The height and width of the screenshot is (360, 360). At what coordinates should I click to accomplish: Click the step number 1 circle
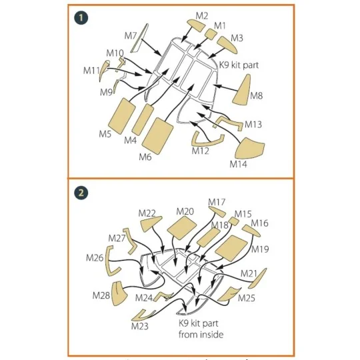coord(81,18)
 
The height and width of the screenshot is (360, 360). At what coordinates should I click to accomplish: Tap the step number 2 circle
coord(81,193)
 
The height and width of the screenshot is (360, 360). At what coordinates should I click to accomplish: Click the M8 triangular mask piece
coord(242,90)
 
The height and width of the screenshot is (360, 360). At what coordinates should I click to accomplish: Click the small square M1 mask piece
coord(211,33)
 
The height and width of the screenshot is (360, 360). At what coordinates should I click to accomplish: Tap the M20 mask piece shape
coord(182,228)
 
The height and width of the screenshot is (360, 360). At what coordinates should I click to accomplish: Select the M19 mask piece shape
coord(231,248)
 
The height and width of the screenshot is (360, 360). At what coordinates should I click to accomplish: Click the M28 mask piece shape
coord(119,293)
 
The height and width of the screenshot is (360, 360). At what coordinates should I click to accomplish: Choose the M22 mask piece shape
coord(151,223)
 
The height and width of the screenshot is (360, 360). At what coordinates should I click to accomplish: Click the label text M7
coord(131,36)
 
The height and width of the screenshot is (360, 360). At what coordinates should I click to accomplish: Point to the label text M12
coord(201,151)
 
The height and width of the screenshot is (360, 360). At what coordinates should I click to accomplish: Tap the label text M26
coord(95,258)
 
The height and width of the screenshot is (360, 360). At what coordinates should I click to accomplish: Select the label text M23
coord(140,326)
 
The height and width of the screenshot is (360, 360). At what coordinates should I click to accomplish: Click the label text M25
coord(247,298)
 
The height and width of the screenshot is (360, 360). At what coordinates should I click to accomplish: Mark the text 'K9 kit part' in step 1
coord(239,65)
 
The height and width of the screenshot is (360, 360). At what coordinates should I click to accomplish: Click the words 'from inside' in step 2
coord(201,335)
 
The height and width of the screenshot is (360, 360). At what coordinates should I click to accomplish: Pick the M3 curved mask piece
coord(227,45)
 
